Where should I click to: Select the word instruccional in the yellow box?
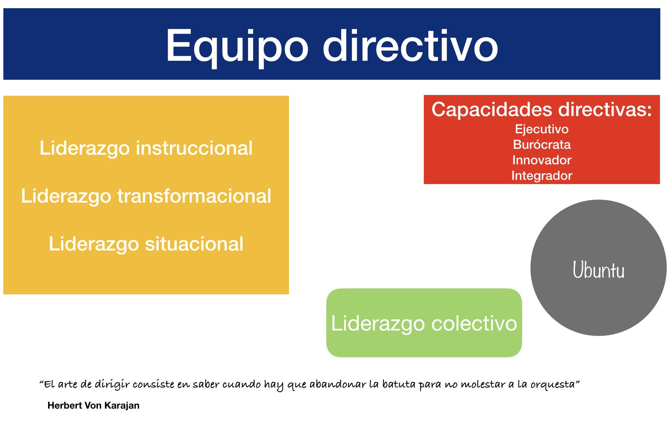(x=194, y=148)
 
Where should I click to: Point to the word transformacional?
(x=194, y=196)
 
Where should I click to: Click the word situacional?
(x=194, y=244)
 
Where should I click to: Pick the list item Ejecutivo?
(x=542, y=129)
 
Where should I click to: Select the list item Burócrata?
(x=542, y=145)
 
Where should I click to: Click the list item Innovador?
(x=542, y=160)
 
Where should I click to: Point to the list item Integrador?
(x=542, y=176)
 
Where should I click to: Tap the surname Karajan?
(x=122, y=406)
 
